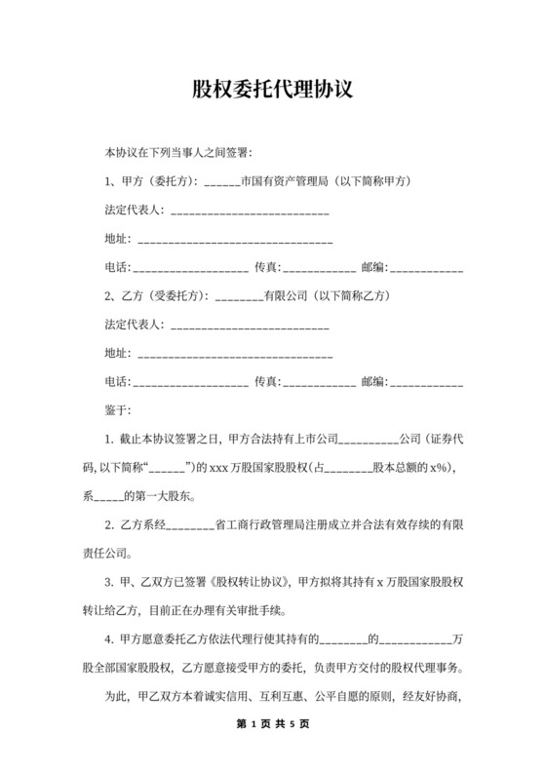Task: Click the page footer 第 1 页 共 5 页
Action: (x=272, y=724)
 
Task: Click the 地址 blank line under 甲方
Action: (x=233, y=240)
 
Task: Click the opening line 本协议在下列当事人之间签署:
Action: (x=178, y=153)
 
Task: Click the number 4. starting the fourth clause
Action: (x=108, y=640)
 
